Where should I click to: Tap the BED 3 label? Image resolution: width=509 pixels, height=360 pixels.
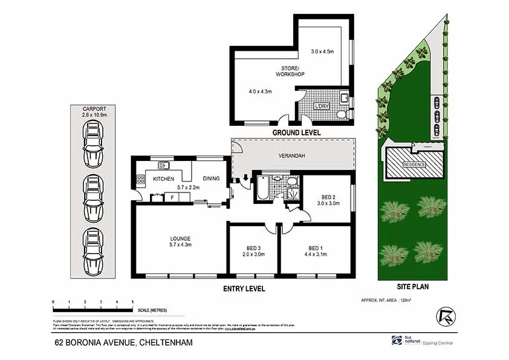click(x=253, y=248)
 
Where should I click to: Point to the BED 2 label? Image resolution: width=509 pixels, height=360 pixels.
click(x=329, y=197)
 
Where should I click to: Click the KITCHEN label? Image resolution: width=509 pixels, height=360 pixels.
click(x=163, y=179)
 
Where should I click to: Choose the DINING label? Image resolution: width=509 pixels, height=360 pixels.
click(x=211, y=179)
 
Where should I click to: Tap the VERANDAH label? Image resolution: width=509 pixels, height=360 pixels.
click(x=291, y=157)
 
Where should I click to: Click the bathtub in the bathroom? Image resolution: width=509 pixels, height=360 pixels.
click(x=263, y=188)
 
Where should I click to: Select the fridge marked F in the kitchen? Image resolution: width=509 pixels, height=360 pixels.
click(x=172, y=197)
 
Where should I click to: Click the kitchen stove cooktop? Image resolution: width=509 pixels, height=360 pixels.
click(x=141, y=179)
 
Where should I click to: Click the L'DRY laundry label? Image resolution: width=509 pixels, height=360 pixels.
click(x=322, y=106)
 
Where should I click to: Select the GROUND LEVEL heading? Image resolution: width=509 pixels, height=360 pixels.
click(x=296, y=133)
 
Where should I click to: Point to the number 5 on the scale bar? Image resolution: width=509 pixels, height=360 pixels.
click(x=132, y=301)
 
